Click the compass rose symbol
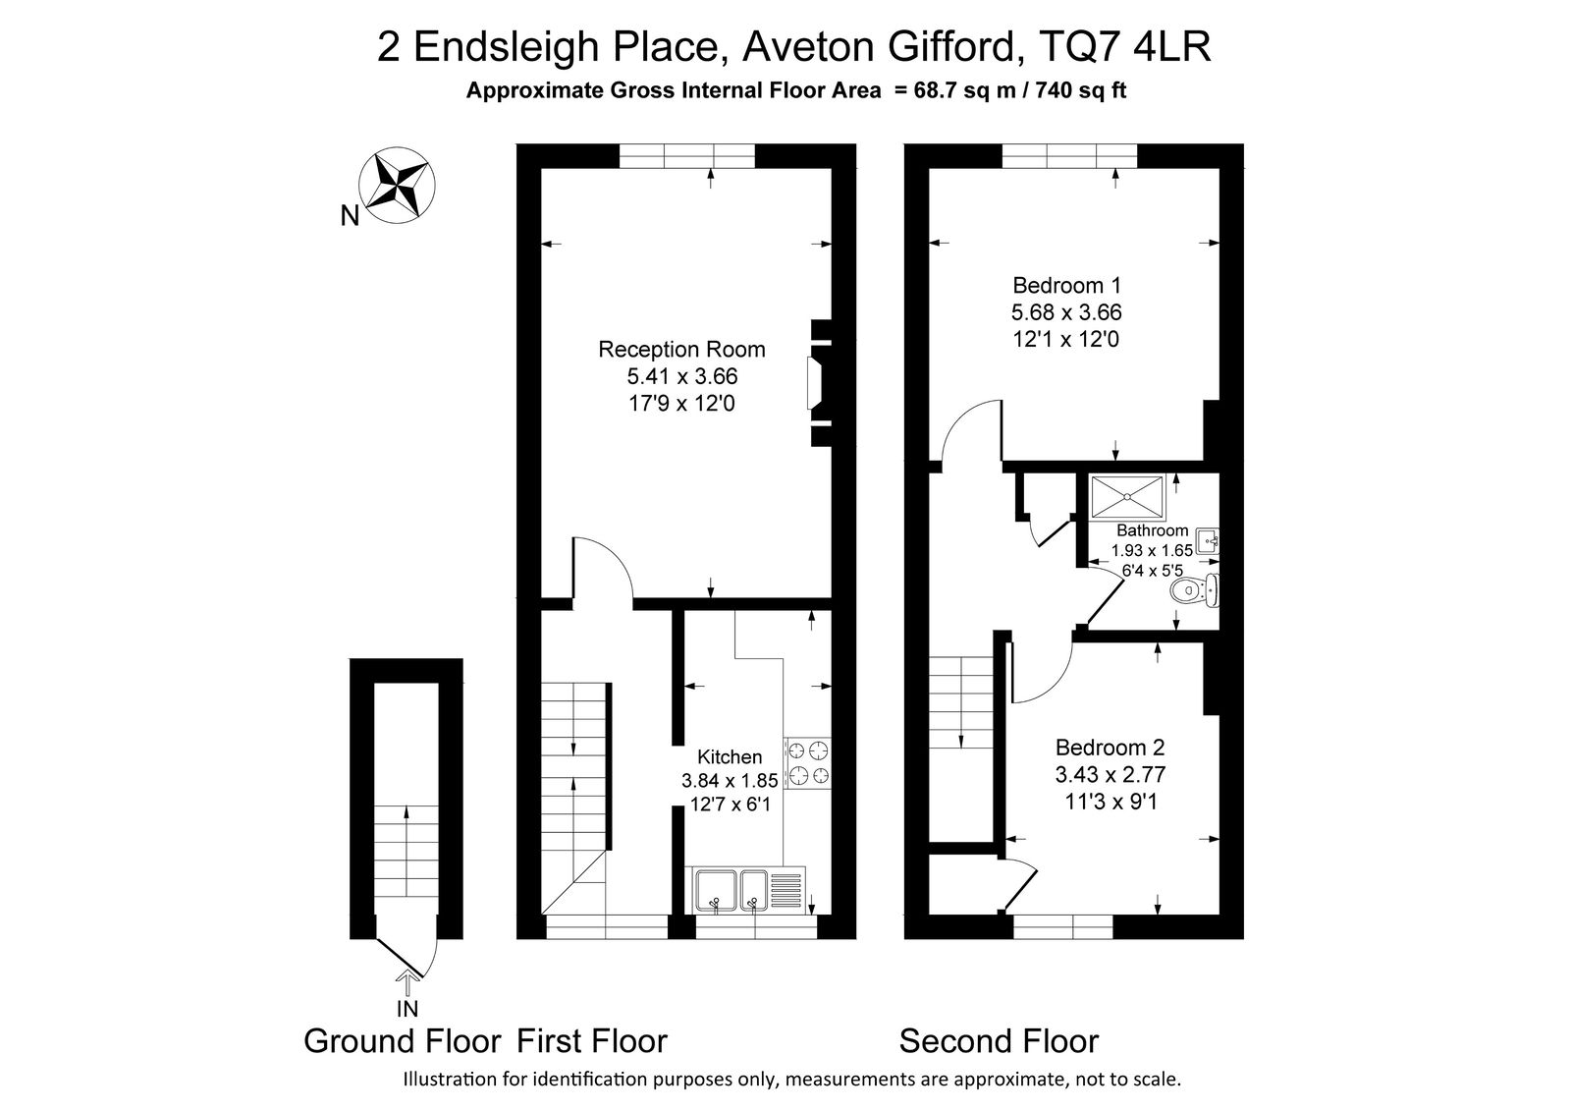click(397, 186)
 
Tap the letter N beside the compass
click(350, 216)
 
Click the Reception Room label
click(681, 349)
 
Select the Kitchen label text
click(730, 756)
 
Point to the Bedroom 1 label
click(1066, 286)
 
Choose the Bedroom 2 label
click(1111, 747)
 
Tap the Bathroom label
click(1153, 530)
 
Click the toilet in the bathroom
click(1195, 590)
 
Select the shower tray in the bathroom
click(1127, 497)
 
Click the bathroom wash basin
click(1207, 542)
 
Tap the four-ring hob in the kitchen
click(808, 763)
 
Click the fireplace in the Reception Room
click(819, 383)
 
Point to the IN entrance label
click(407, 1009)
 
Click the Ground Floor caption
click(403, 1041)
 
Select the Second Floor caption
click(999, 1041)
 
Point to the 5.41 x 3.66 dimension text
click(682, 376)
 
